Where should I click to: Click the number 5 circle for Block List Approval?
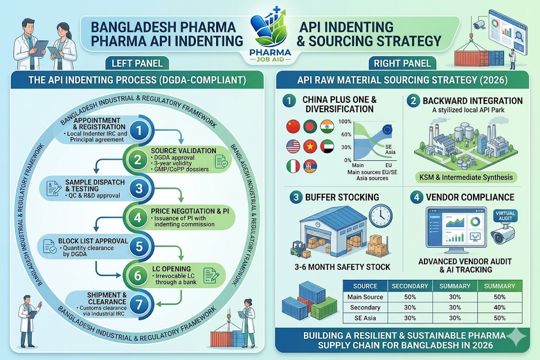coord(139,247)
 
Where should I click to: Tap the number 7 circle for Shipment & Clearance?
coord(139,304)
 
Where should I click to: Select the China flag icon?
coord(293,127)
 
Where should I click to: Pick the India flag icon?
coord(327,127)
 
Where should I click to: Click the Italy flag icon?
coord(293,166)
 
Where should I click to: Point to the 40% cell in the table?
coord(499,307)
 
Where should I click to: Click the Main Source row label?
coord(365,297)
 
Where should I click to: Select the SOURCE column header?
coord(365,286)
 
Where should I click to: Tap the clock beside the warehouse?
coord(381,216)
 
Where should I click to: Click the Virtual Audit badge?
coord(505,216)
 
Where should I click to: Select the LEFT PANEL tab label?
coord(137,63)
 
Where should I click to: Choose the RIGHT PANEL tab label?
coord(402,63)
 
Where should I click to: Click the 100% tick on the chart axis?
coord(345,121)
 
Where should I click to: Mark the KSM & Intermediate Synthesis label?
coord(466,177)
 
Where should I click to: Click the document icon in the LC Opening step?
coord(211,276)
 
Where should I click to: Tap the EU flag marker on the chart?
coord(387,130)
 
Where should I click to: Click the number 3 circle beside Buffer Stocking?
coord(295,197)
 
